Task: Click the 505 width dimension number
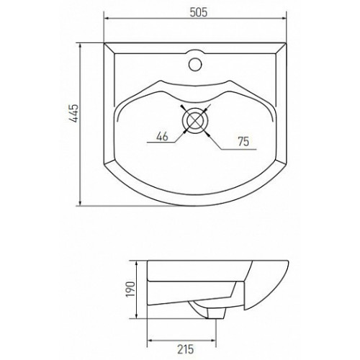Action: (198, 12)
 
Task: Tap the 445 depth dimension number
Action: (74, 113)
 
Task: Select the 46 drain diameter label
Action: (162, 137)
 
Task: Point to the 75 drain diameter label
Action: (243, 142)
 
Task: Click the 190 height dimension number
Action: (131, 289)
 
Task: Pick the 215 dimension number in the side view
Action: (186, 349)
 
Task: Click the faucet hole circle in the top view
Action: (195, 64)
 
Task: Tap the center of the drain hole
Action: (195, 120)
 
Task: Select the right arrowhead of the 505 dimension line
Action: (283, 18)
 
